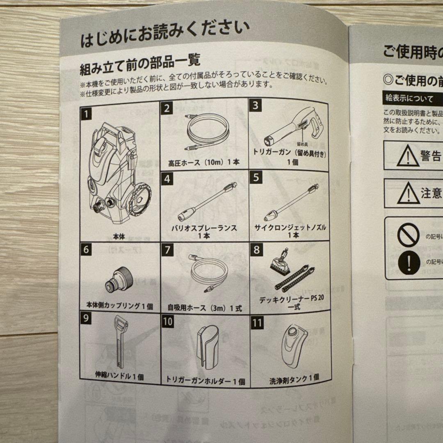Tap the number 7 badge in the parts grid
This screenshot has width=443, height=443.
coord(167,249)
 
